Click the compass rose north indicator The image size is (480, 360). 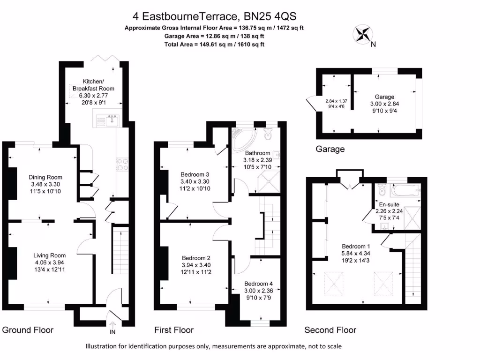[x=362, y=34]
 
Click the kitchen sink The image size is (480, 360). [x=111, y=121]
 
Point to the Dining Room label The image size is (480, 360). [x=45, y=177]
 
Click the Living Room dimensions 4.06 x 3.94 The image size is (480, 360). [x=49, y=262]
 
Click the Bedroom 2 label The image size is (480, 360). [x=196, y=258]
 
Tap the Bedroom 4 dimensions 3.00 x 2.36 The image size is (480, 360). [x=258, y=290]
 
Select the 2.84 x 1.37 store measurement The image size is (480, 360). [x=336, y=101]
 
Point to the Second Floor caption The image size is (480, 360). [x=330, y=330]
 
